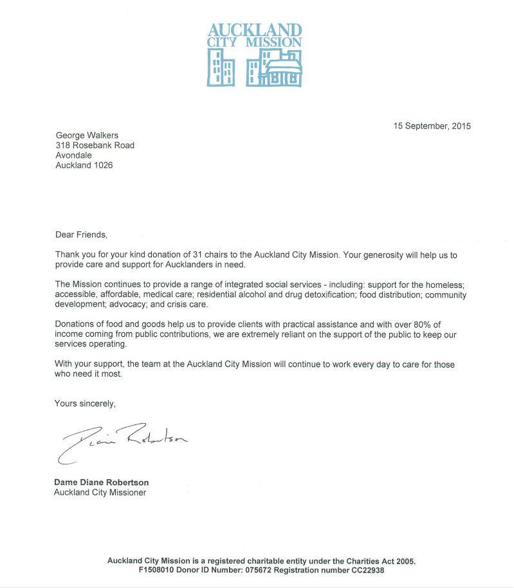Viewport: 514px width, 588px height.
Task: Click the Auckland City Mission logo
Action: [x=254, y=55]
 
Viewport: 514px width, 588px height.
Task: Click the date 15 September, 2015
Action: [x=432, y=126]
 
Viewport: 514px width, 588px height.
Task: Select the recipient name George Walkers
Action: [x=85, y=135]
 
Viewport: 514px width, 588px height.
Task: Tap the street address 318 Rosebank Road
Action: [x=95, y=146]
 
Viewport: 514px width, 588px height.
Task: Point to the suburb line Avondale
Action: [x=73, y=155]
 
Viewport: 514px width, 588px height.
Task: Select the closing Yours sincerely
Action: [x=85, y=404]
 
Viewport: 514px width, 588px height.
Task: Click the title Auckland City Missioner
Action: [x=100, y=493]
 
